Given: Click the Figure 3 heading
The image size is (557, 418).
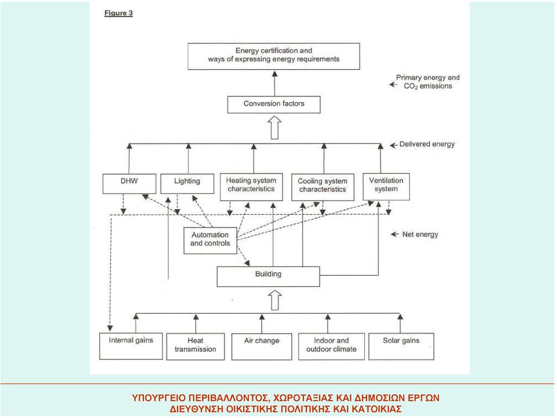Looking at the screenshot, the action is click(x=118, y=13).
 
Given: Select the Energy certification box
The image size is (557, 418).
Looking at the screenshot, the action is click(x=273, y=56).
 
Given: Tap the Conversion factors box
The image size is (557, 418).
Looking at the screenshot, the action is click(x=273, y=105).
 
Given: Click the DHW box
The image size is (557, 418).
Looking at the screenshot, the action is click(x=129, y=183).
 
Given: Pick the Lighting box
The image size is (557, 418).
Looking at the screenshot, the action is click(x=187, y=183).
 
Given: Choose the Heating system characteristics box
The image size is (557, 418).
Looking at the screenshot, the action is click(x=251, y=186).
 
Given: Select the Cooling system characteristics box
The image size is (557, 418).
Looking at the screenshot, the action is click(x=323, y=187).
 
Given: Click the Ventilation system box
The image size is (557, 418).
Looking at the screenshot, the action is click(x=386, y=186).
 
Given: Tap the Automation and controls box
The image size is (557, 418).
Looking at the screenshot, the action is click(x=210, y=240).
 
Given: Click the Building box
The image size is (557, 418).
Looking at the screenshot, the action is click(x=268, y=276).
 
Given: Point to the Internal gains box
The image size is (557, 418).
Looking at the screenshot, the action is click(x=131, y=346).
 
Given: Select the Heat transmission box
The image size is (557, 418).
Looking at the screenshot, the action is click(x=196, y=346).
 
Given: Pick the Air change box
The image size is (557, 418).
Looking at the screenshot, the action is click(x=262, y=346).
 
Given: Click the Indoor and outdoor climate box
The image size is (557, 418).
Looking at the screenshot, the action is click(x=331, y=346).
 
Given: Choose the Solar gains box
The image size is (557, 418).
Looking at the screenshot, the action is click(x=401, y=346).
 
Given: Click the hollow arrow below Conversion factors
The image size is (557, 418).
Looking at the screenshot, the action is click(x=274, y=127).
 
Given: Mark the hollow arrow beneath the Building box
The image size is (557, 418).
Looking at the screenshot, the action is click(x=275, y=300).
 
